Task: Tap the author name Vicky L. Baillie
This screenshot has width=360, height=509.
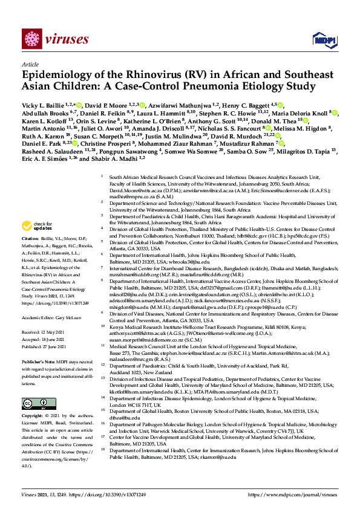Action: coord(43,105)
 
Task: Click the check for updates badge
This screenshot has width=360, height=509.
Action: coord(39,226)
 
